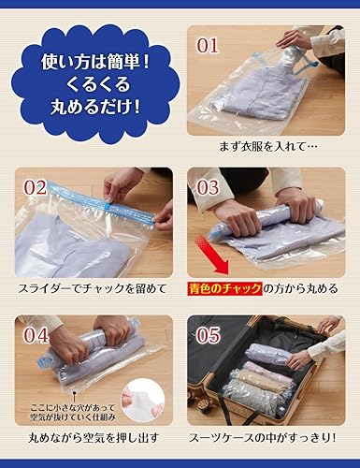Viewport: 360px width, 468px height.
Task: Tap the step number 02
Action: coord(35,187)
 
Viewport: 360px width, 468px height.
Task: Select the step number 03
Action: coord(208,187)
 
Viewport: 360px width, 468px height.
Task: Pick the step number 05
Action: coord(208,334)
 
